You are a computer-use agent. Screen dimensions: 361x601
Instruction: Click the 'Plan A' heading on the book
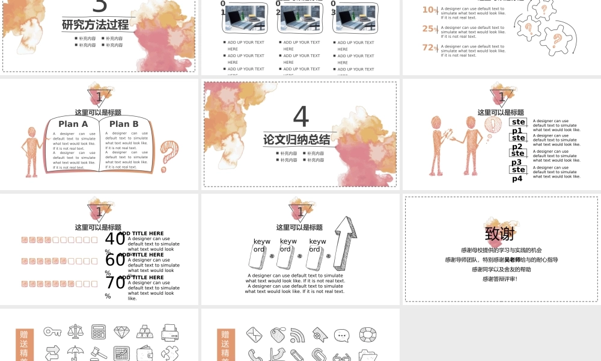point(73,124)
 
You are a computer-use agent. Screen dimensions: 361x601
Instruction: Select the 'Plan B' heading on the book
point(124,124)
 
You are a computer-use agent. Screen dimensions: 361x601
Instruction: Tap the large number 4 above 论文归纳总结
point(300,116)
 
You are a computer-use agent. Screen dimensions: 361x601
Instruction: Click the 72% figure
point(429,48)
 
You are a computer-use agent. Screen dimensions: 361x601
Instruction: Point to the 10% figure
point(429,10)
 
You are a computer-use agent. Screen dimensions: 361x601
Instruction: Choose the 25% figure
point(429,29)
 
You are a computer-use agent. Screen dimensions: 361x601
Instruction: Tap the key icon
point(52,331)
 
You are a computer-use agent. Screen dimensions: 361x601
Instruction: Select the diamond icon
point(122,332)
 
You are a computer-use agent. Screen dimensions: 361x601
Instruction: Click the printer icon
point(169,332)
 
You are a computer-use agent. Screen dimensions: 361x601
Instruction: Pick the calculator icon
point(99,332)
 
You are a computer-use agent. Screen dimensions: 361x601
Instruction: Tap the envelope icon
point(254,334)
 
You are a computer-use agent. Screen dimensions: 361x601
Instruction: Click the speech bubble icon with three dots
point(341,335)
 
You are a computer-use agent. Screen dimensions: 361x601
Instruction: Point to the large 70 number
point(115,282)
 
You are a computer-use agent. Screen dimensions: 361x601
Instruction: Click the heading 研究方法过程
point(95,25)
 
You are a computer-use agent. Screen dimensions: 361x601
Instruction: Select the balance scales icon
point(76,332)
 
